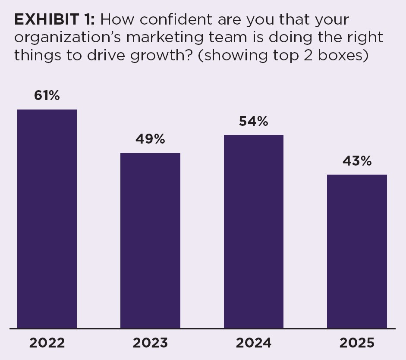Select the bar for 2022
coord(47,219)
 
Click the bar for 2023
coord(150,241)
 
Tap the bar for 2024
coord(254,232)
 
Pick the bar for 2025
coord(357,251)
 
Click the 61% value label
coord(47,96)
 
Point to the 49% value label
coord(150,139)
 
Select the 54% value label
coord(254,122)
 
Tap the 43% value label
coord(357,161)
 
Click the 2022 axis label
coord(47,343)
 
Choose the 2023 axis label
coord(150,343)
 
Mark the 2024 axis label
coord(254,343)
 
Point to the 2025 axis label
coord(357,343)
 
